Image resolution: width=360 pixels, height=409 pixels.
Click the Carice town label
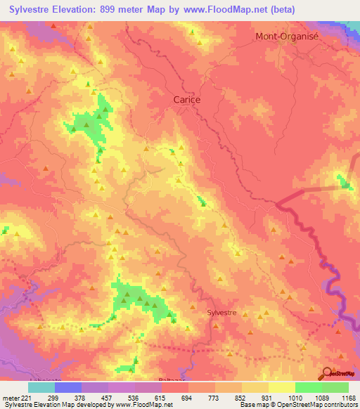pos(187,100)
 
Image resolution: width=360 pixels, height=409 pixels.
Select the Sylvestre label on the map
pos(222,311)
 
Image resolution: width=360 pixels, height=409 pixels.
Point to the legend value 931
pos(258,398)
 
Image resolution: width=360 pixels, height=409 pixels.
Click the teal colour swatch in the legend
pos(41,387)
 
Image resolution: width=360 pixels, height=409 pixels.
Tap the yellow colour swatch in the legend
pos(281,387)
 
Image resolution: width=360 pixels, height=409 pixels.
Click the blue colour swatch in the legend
pos(67,387)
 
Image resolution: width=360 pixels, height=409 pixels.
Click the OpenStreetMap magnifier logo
pos(327,372)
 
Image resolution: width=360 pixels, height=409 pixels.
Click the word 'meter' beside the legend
pos(10,398)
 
